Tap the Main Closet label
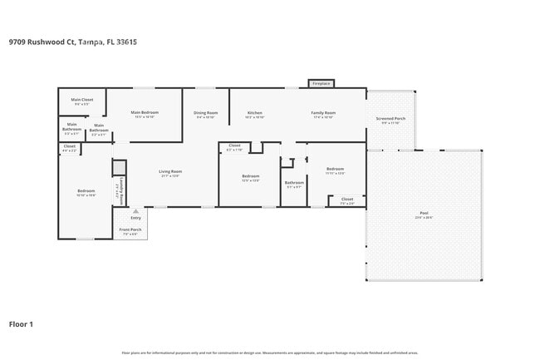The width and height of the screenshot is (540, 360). [x=81, y=100]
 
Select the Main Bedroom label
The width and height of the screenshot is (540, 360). [x=143, y=112]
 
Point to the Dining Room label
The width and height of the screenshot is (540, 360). [x=206, y=112]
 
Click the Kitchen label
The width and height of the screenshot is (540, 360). [x=255, y=112]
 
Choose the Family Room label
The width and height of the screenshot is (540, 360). [x=324, y=112]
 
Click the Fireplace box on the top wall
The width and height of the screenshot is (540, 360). [x=321, y=83]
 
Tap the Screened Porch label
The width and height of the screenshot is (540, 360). [x=390, y=118]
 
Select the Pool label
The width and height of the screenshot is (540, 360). [x=424, y=215]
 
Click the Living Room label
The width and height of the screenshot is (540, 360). [x=170, y=171]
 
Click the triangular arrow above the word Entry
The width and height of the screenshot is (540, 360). [x=135, y=212]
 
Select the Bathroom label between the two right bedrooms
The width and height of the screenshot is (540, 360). [x=294, y=182]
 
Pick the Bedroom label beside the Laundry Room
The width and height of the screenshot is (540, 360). [x=86, y=190]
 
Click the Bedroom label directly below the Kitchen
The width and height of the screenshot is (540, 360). [x=251, y=175]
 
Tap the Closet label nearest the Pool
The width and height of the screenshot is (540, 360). [x=346, y=199]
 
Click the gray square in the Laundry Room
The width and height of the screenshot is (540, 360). [x=118, y=167]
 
